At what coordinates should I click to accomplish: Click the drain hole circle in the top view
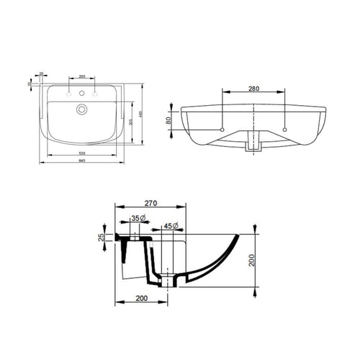82,109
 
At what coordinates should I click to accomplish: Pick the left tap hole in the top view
68,94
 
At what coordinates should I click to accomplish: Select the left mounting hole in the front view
222,130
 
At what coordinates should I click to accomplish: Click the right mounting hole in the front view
287,130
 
